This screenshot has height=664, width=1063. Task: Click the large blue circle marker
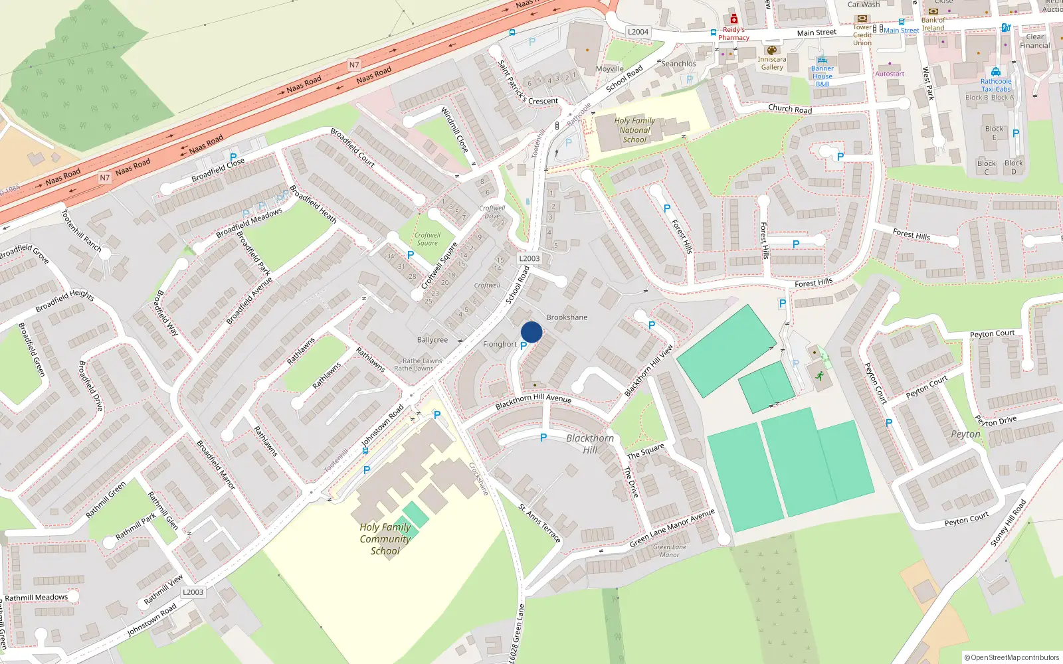tap(531, 332)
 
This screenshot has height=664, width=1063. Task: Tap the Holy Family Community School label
tap(385, 539)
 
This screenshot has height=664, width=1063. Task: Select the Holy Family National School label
tap(634, 130)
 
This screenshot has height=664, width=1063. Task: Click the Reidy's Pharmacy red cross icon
tap(733, 19)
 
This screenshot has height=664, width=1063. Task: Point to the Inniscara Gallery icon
tap(771, 50)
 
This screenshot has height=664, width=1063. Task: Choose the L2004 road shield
tap(638, 32)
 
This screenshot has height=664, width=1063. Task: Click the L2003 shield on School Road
tap(530, 258)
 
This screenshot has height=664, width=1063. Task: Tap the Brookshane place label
tap(567, 317)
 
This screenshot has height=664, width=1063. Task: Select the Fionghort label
tap(500, 344)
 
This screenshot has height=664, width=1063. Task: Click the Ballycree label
tap(433, 340)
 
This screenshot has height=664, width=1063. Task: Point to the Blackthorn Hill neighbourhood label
tap(590, 444)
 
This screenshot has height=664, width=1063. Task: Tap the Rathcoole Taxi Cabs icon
tap(995, 72)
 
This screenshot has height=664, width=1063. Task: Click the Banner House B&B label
tap(822, 76)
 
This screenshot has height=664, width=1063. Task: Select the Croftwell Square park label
tap(427, 239)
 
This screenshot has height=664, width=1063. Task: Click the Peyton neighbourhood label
tap(965, 434)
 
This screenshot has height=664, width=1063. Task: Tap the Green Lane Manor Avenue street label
tap(672, 529)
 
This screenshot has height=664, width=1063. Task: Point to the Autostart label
tap(890, 74)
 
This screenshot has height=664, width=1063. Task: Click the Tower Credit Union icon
tap(862, 19)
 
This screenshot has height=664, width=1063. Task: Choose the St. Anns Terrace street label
tap(539, 523)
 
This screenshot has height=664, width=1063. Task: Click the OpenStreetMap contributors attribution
tap(1011, 657)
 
